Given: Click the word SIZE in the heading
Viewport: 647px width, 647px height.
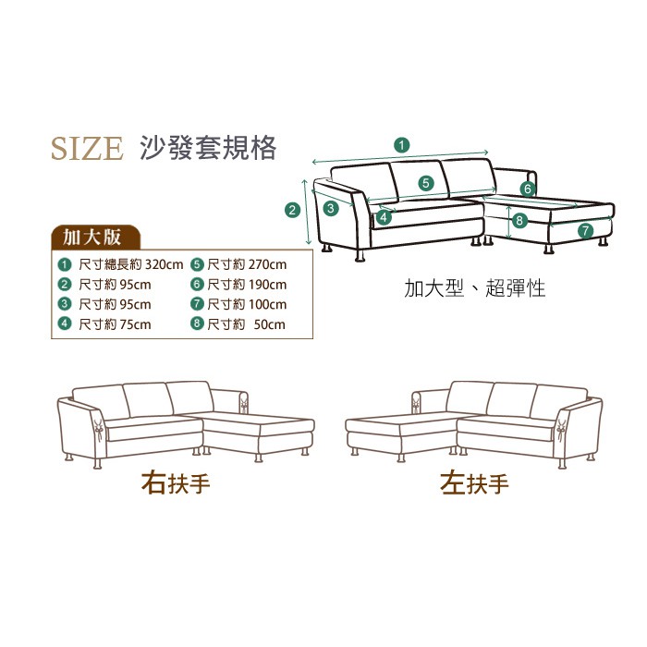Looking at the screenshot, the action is [x=87, y=148].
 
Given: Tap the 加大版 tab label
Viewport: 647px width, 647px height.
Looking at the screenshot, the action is [x=92, y=238].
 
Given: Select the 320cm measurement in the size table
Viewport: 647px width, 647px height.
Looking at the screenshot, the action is [x=164, y=264].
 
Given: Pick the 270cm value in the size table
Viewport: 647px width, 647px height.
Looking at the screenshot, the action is [x=267, y=264].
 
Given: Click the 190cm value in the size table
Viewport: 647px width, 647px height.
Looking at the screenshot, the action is [x=267, y=285].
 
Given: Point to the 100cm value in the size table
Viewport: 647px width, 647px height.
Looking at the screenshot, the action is [x=267, y=304].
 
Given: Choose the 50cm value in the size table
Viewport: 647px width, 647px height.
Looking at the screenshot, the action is [x=270, y=324].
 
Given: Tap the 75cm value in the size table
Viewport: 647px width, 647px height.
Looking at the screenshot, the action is [x=135, y=324].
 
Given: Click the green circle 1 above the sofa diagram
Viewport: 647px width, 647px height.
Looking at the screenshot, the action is [x=402, y=145].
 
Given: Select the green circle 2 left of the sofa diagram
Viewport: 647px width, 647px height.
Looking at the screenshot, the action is [x=293, y=210].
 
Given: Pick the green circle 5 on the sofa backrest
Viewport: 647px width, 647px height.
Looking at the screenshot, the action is [x=426, y=183].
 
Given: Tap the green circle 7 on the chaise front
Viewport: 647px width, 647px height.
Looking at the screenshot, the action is [x=585, y=230].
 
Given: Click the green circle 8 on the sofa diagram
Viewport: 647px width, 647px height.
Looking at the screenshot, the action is [x=519, y=220].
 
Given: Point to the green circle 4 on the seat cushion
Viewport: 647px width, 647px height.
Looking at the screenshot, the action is [x=384, y=217].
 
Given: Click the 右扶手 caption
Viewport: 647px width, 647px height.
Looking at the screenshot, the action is [x=176, y=483].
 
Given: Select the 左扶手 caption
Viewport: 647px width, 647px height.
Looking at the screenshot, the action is [x=474, y=483].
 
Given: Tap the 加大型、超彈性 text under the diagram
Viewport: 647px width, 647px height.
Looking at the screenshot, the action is [x=475, y=288].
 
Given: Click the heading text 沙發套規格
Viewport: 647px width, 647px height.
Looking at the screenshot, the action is [x=208, y=148].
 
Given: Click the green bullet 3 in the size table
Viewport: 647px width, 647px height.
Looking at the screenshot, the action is [x=64, y=304].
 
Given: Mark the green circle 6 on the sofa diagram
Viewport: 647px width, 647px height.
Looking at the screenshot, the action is [x=528, y=189].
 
